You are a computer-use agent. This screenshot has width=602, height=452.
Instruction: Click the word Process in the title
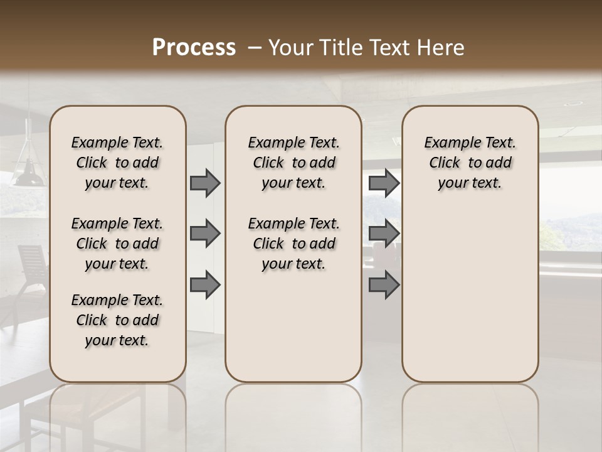(194, 48)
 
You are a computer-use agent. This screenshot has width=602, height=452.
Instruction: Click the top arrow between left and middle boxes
(205, 183)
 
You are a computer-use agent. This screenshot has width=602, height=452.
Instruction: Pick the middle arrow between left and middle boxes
(205, 234)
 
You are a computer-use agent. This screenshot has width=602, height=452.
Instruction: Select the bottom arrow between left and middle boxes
(205, 284)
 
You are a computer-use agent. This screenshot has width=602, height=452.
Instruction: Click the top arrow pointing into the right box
(384, 183)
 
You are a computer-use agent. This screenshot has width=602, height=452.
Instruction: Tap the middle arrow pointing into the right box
(384, 234)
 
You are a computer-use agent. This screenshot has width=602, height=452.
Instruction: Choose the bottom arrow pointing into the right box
(384, 284)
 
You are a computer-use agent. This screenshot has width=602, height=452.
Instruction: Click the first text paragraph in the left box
(117, 163)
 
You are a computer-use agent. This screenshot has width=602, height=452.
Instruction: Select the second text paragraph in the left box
(117, 244)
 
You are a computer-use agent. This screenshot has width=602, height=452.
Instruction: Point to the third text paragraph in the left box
(117, 320)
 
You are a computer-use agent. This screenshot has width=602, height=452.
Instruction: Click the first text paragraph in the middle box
(293, 163)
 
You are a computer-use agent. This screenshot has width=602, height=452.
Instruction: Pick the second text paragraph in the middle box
(293, 244)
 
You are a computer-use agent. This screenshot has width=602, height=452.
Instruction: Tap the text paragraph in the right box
(470, 163)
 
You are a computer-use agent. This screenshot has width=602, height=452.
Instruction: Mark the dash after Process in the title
(254, 48)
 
